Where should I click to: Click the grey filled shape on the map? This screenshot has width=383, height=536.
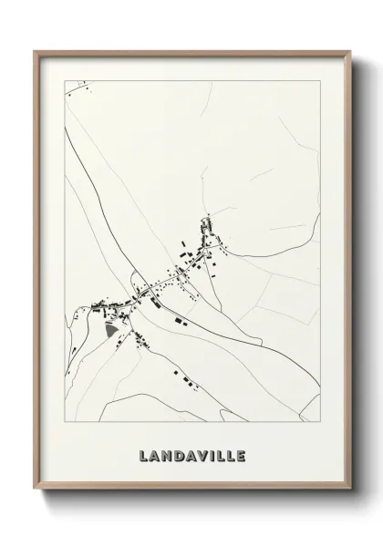pos(111,331)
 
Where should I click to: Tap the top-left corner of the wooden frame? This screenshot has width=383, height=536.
pos(36,51)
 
